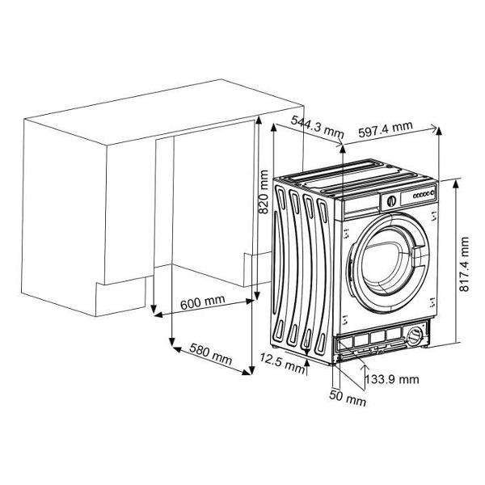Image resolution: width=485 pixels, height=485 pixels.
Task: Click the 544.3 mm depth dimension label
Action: (318, 127)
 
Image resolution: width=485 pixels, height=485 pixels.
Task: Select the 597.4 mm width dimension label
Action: (386, 129)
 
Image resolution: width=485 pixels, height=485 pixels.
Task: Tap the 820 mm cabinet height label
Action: (264, 192)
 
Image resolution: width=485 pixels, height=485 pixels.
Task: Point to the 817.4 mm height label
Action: (464, 264)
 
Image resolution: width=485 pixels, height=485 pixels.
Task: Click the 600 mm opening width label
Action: (203, 302)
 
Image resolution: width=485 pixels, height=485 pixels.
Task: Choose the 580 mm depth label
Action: (211, 354)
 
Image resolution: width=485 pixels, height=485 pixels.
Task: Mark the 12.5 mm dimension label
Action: (282, 363)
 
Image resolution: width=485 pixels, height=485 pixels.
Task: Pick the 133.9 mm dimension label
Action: (392, 379)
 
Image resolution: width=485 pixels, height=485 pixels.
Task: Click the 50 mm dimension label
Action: (348, 398)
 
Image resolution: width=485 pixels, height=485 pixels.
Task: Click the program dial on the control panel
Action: (391, 201)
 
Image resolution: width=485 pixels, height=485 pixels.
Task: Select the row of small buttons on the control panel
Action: (424, 195)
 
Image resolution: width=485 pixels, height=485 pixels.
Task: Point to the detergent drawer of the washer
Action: (361, 205)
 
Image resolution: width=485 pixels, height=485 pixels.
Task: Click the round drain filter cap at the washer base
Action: (415, 335)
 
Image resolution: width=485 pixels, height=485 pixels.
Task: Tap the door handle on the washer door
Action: (419, 256)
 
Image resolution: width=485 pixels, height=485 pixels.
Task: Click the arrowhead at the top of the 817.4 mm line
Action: (455, 184)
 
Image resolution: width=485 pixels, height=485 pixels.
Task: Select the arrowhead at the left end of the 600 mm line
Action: (158, 315)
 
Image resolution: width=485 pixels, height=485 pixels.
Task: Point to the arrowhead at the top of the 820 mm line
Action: (259, 120)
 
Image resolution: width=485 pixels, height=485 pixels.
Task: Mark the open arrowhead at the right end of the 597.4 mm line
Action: (433, 128)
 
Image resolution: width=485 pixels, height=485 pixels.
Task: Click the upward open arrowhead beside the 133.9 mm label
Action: (365, 367)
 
